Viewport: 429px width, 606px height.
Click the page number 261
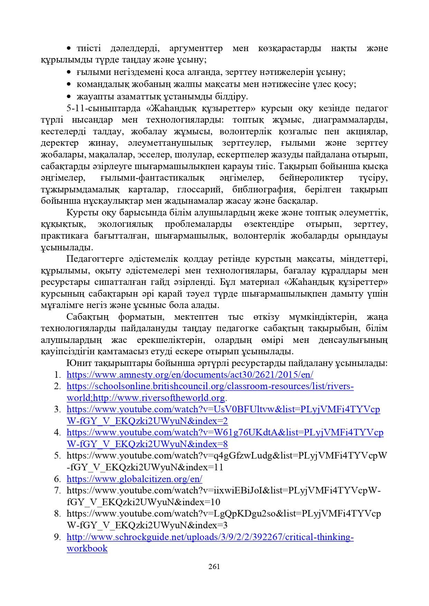click(214, 567)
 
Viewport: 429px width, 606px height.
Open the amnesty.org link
click(190, 375)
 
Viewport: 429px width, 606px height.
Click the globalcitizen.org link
click(134, 479)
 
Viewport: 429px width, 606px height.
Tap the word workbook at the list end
click(87, 548)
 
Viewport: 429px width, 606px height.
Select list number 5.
click(57, 456)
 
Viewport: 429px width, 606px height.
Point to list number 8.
click(57, 513)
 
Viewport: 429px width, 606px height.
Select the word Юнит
click(77, 363)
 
